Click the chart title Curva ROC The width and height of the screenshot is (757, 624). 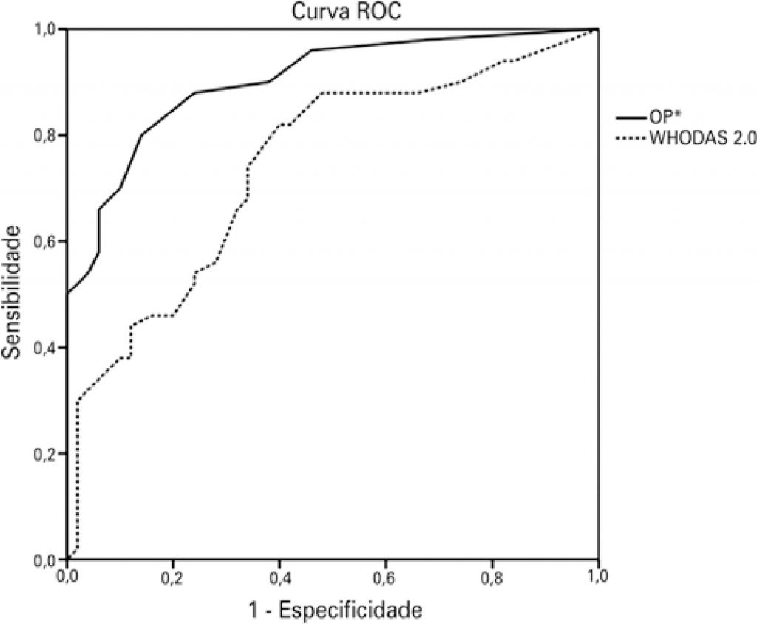[333, 15]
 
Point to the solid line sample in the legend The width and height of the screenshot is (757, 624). [632, 117]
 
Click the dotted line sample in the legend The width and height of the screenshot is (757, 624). [632, 137]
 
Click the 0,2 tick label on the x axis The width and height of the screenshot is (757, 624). [173, 575]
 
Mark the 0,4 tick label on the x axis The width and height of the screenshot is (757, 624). [279, 575]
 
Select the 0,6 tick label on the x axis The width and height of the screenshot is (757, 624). [386, 575]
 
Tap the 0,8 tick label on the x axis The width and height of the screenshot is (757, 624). [492, 575]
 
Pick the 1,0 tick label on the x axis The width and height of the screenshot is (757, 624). [598, 575]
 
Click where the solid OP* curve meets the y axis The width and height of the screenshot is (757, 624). [67, 294]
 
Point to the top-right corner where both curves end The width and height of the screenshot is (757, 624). [598, 29]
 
